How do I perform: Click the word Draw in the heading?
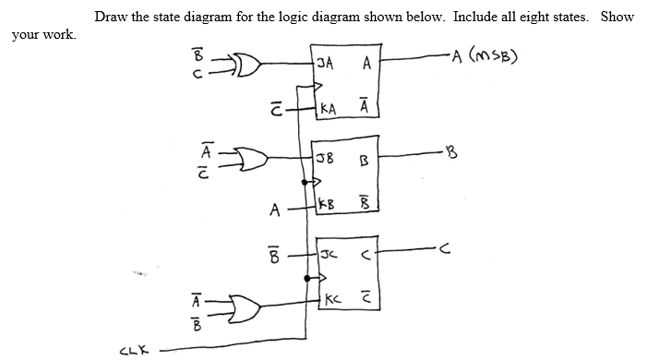(108, 17)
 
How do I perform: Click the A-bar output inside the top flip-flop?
(366, 107)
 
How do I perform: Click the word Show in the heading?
(617, 17)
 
